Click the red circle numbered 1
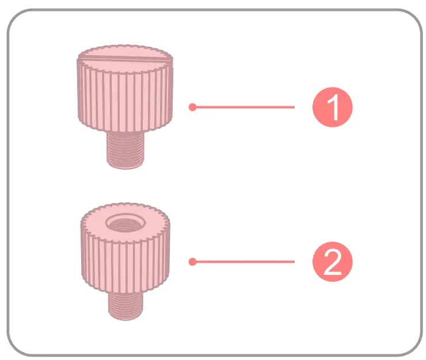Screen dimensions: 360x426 pyautogui.click(x=332, y=107)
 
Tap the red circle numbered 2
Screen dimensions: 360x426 pyautogui.click(x=332, y=262)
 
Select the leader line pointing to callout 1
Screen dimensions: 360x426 pyautogui.click(x=245, y=107)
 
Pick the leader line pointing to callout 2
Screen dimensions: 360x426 pyautogui.click(x=245, y=262)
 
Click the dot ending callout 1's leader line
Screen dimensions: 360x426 pyautogui.click(x=192, y=107)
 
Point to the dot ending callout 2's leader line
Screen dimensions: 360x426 pyautogui.click(x=192, y=262)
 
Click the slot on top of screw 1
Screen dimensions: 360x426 pyautogui.click(x=126, y=58)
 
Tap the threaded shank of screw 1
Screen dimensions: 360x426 pyautogui.click(x=126, y=151)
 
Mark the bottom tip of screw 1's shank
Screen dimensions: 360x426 pyautogui.click(x=126, y=167)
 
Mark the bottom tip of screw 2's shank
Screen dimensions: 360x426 pyautogui.click(x=125, y=318)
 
